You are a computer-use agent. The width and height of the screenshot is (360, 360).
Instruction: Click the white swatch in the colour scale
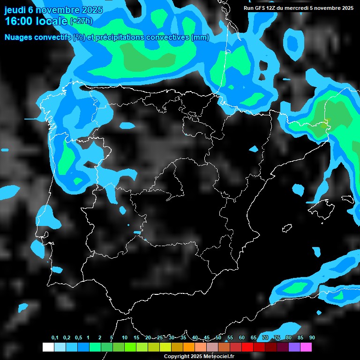tap(48, 347)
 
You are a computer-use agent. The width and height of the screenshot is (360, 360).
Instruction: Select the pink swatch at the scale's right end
tap(306, 347)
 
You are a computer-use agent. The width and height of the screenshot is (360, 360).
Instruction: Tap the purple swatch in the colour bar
tap(294, 347)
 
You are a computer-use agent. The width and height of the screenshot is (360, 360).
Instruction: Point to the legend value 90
tap(312, 338)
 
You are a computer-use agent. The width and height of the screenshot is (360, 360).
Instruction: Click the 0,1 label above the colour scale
tap(55, 338)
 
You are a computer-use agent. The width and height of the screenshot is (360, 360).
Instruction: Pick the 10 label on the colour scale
tap(125, 338)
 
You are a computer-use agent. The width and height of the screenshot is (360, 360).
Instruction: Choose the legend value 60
tap(242, 338)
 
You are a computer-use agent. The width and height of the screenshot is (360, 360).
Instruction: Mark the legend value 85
tap(300, 338)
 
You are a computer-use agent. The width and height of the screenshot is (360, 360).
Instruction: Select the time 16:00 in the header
tap(19, 21)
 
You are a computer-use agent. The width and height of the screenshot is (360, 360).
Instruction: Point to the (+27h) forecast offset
tap(81, 22)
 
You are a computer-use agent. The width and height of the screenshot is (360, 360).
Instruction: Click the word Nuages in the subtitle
tap(18, 37)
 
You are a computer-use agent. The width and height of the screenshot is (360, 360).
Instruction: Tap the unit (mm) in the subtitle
tap(200, 37)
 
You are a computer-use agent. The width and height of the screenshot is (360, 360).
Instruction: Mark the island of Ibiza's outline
tap(287, 228)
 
